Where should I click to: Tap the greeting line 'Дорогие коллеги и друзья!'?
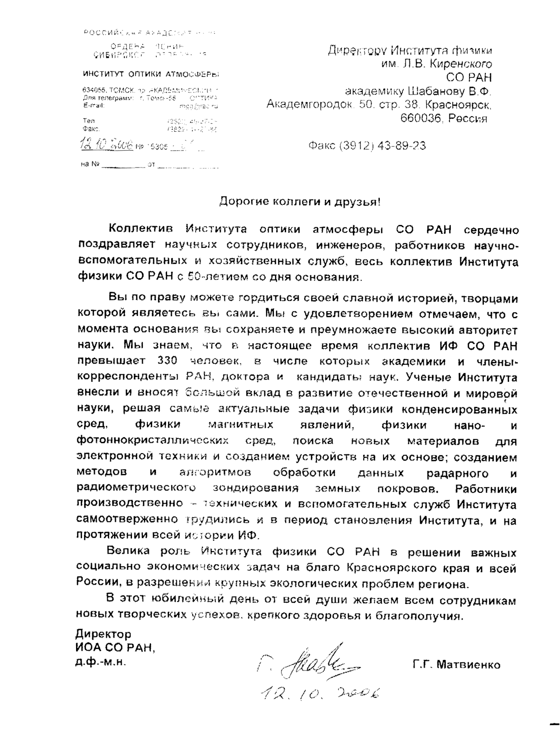point(301,203)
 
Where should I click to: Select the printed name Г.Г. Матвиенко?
point(456,664)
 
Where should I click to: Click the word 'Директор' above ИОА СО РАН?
point(103,634)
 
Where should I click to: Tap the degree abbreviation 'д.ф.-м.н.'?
point(100,662)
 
